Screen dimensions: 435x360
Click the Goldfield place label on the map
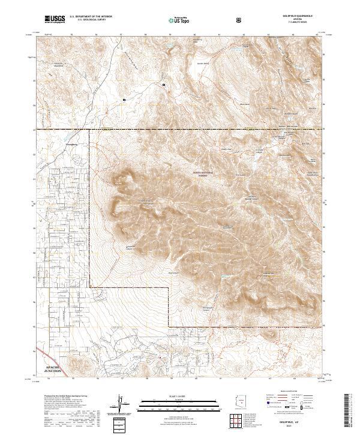pos(62,145)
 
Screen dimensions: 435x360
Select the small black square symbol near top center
pos(163,85)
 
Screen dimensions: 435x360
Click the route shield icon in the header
pos(240,20)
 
